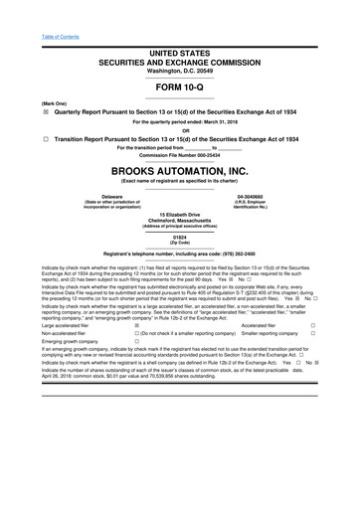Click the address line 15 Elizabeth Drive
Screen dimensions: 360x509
click(179, 215)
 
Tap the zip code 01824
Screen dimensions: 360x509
click(179, 238)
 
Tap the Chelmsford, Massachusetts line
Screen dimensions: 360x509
click(179, 221)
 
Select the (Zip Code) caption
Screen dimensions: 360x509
click(179, 244)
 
